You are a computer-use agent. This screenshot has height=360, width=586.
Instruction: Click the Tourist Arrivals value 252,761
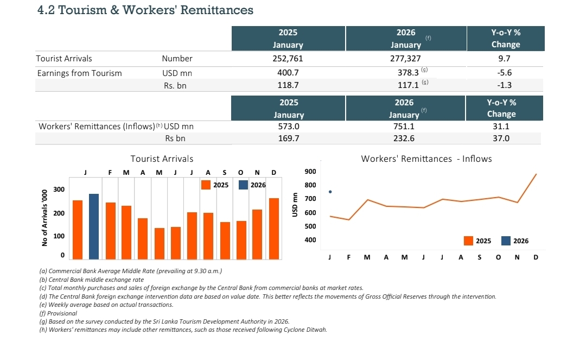click(x=289, y=59)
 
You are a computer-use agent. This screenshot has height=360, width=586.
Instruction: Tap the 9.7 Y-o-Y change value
click(x=505, y=59)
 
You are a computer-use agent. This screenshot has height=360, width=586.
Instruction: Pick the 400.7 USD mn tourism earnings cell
click(x=289, y=73)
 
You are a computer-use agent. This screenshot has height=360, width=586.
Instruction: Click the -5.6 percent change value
click(x=505, y=73)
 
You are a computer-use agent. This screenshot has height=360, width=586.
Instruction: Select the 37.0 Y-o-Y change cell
click(x=501, y=138)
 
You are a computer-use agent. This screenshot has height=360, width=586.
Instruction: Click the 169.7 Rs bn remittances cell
click(x=289, y=138)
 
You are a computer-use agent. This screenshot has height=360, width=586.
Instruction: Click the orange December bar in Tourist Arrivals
click(x=274, y=229)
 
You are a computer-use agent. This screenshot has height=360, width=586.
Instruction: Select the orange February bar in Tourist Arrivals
click(x=111, y=231)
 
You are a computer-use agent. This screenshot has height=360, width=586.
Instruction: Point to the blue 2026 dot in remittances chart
click(x=330, y=192)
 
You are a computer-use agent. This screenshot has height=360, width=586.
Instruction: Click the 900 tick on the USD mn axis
click(x=310, y=172)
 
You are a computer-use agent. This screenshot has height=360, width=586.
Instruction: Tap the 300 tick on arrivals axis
click(x=59, y=190)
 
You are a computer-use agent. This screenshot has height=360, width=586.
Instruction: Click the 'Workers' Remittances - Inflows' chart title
click(x=426, y=159)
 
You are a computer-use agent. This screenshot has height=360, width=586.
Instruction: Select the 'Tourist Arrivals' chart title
click(x=162, y=159)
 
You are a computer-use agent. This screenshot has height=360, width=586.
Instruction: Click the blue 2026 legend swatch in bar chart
click(x=244, y=185)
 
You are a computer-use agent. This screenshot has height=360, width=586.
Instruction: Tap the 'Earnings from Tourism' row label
click(x=79, y=73)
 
